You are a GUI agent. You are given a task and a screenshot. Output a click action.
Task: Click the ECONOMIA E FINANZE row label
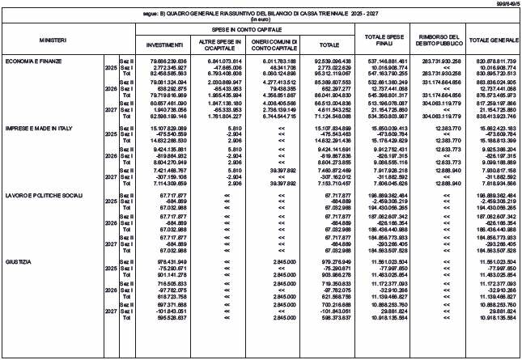point(31,61)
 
